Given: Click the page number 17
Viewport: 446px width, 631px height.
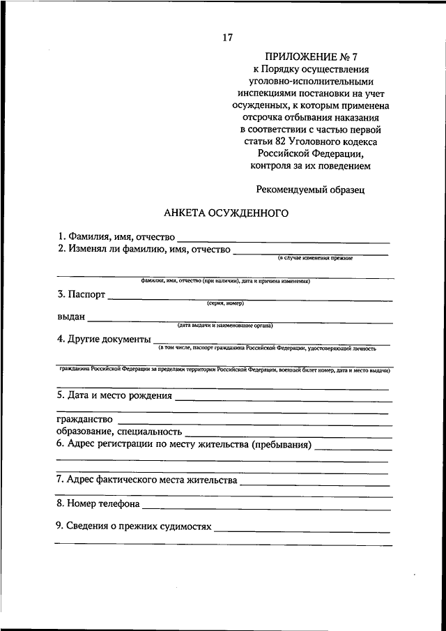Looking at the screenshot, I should pyautogui.click(x=227, y=38).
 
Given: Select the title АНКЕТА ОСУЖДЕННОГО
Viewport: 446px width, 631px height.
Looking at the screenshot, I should pyautogui.click(x=226, y=213).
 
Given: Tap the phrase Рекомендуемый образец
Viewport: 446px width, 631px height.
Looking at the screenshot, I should pyautogui.click(x=310, y=189).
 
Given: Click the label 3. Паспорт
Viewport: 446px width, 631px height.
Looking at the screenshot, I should pyautogui.click(x=82, y=295).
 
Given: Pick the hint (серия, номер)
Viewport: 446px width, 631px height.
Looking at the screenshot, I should pyautogui.click(x=225, y=303).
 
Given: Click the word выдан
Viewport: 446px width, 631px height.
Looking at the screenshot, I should pyautogui.click(x=71, y=317).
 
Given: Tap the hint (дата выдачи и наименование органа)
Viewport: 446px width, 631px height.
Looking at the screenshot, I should pyautogui.click(x=224, y=326).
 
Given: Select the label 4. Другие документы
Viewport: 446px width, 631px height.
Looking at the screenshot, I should pyautogui.click(x=104, y=340).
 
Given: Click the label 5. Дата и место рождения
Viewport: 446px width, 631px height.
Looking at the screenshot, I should pyautogui.click(x=114, y=395).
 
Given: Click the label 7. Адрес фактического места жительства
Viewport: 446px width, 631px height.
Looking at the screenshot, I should pyautogui.click(x=147, y=480).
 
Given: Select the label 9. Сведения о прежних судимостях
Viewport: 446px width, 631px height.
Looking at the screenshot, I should pyautogui.click(x=134, y=526).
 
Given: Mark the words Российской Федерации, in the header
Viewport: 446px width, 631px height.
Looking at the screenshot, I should pyautogui.click(x=310, y=154).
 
